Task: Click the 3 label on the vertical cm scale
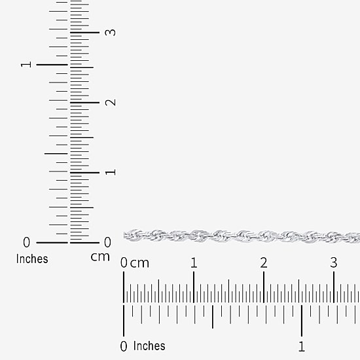(x=110, y=32)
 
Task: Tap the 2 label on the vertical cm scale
(x=111, y=102)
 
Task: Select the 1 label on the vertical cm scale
(x=111, y=172)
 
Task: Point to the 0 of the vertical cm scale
(x=107, y=242)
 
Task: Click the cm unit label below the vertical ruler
(x=100, y=257)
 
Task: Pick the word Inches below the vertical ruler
(x=32, y=259)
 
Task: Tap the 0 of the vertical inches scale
(x=26, y=242)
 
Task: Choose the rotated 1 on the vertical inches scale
(x=26, y=65)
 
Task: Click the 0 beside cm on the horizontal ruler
(x=124, y=263)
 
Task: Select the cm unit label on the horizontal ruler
(x=139, y=263)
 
